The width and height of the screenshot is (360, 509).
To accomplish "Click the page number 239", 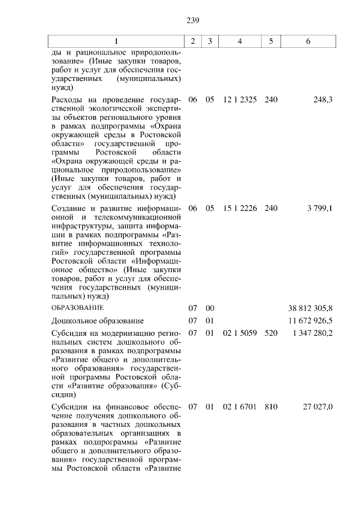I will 193,21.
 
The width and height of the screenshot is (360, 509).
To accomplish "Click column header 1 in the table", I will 116,41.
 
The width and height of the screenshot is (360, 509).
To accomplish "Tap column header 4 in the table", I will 240,41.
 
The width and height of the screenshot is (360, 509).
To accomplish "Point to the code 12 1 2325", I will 240,100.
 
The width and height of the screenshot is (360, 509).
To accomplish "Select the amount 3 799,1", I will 319,209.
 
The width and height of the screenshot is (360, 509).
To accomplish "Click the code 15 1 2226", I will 240,209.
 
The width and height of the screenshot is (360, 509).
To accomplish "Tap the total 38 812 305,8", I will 309,308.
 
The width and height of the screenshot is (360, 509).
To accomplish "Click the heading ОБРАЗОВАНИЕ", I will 78,308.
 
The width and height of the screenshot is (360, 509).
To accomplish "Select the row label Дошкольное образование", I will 97,321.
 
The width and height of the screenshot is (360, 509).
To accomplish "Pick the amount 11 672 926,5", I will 309,321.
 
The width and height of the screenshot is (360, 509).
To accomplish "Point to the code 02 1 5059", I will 240,334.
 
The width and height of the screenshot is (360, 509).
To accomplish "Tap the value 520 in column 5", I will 271,334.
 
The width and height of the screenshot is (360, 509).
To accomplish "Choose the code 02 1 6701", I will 240,407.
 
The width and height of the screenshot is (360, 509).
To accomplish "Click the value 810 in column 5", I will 271,407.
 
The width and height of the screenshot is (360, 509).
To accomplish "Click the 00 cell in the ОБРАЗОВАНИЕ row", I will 210,308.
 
